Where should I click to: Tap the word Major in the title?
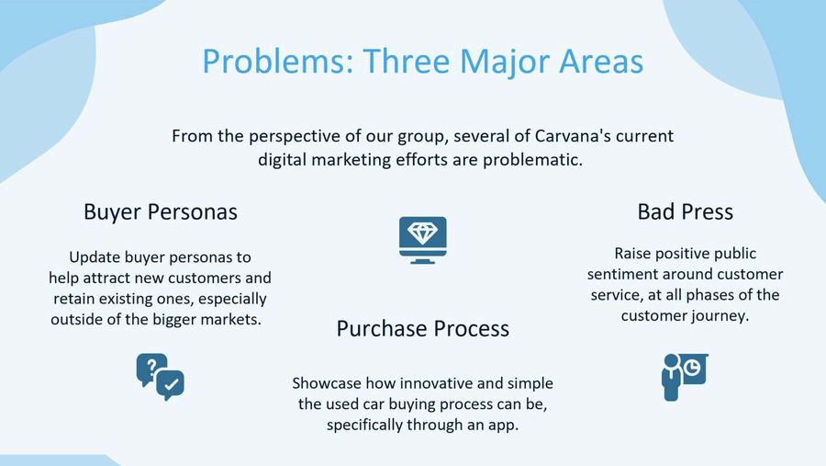click(x=505, y=63)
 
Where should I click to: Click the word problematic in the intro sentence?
click(x=532, y=160)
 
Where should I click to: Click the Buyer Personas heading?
click(x=161, y=212)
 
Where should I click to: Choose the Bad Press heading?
click(x=685, y=211)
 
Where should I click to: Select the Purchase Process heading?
click(x=422, y=328)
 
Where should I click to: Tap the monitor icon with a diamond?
click(x=422, y=240)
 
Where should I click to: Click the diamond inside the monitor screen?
click(x=422, y=233)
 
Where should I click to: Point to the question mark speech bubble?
click(x=151, y=369)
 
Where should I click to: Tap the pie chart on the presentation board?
click(x=692, y=366)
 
